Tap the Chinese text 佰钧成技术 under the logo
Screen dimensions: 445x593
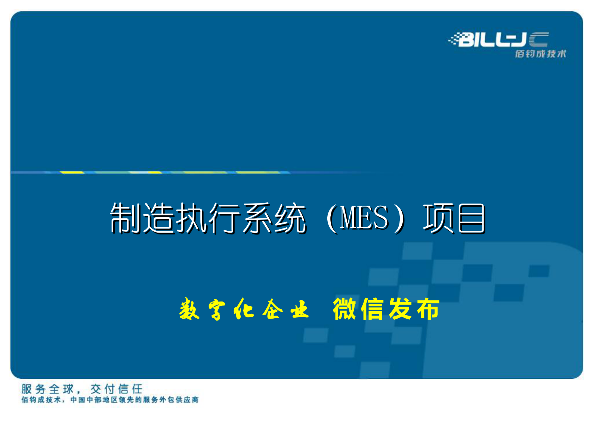540,54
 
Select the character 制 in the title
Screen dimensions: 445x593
126,218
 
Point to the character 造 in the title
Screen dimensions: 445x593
158,218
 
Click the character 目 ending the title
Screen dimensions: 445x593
472,218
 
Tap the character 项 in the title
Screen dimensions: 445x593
438,218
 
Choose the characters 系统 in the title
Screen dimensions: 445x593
274,218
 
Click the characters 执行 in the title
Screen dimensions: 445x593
208,218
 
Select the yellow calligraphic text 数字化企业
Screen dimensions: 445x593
244,309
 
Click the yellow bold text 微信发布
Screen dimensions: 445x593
386,309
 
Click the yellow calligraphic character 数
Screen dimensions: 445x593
189,309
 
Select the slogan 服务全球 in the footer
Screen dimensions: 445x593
47,389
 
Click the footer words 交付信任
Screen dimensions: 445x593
117,389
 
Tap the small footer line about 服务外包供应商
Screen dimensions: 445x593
110,400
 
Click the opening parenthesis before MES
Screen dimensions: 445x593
331,218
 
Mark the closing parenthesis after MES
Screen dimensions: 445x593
399,218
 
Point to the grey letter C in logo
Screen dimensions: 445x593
538,40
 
